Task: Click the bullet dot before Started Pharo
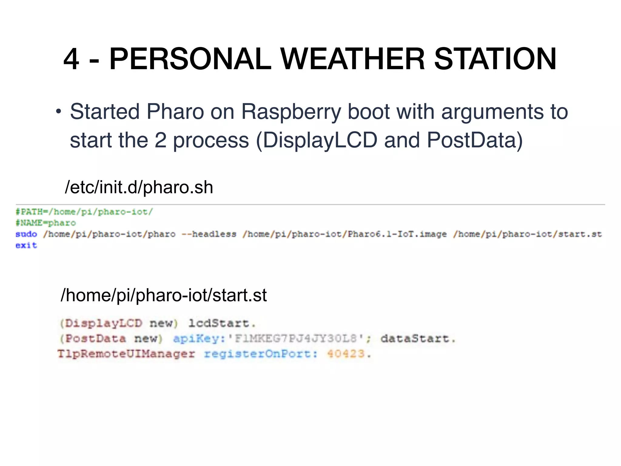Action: (58, 112)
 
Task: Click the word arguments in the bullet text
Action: (492, 112)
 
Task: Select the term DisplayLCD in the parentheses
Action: (320, 140)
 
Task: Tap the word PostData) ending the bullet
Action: (475, 140)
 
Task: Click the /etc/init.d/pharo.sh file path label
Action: (139, 187)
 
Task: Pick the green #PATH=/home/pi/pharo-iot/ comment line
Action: (84, 212)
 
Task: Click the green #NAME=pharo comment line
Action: (46, 223)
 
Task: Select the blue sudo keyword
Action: (26, 234)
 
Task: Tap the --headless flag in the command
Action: (209, 234)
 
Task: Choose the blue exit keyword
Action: (26, 245)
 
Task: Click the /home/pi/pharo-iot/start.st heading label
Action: (164, 295)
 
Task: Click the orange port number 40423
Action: (346, 354)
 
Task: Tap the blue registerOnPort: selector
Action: (261, 354)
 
